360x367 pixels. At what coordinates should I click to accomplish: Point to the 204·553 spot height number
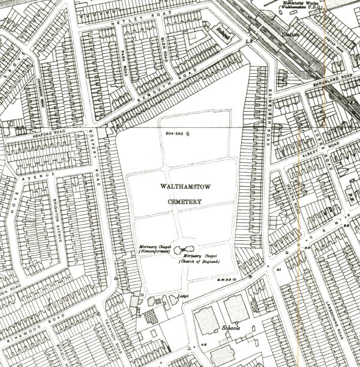click(173, 132)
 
